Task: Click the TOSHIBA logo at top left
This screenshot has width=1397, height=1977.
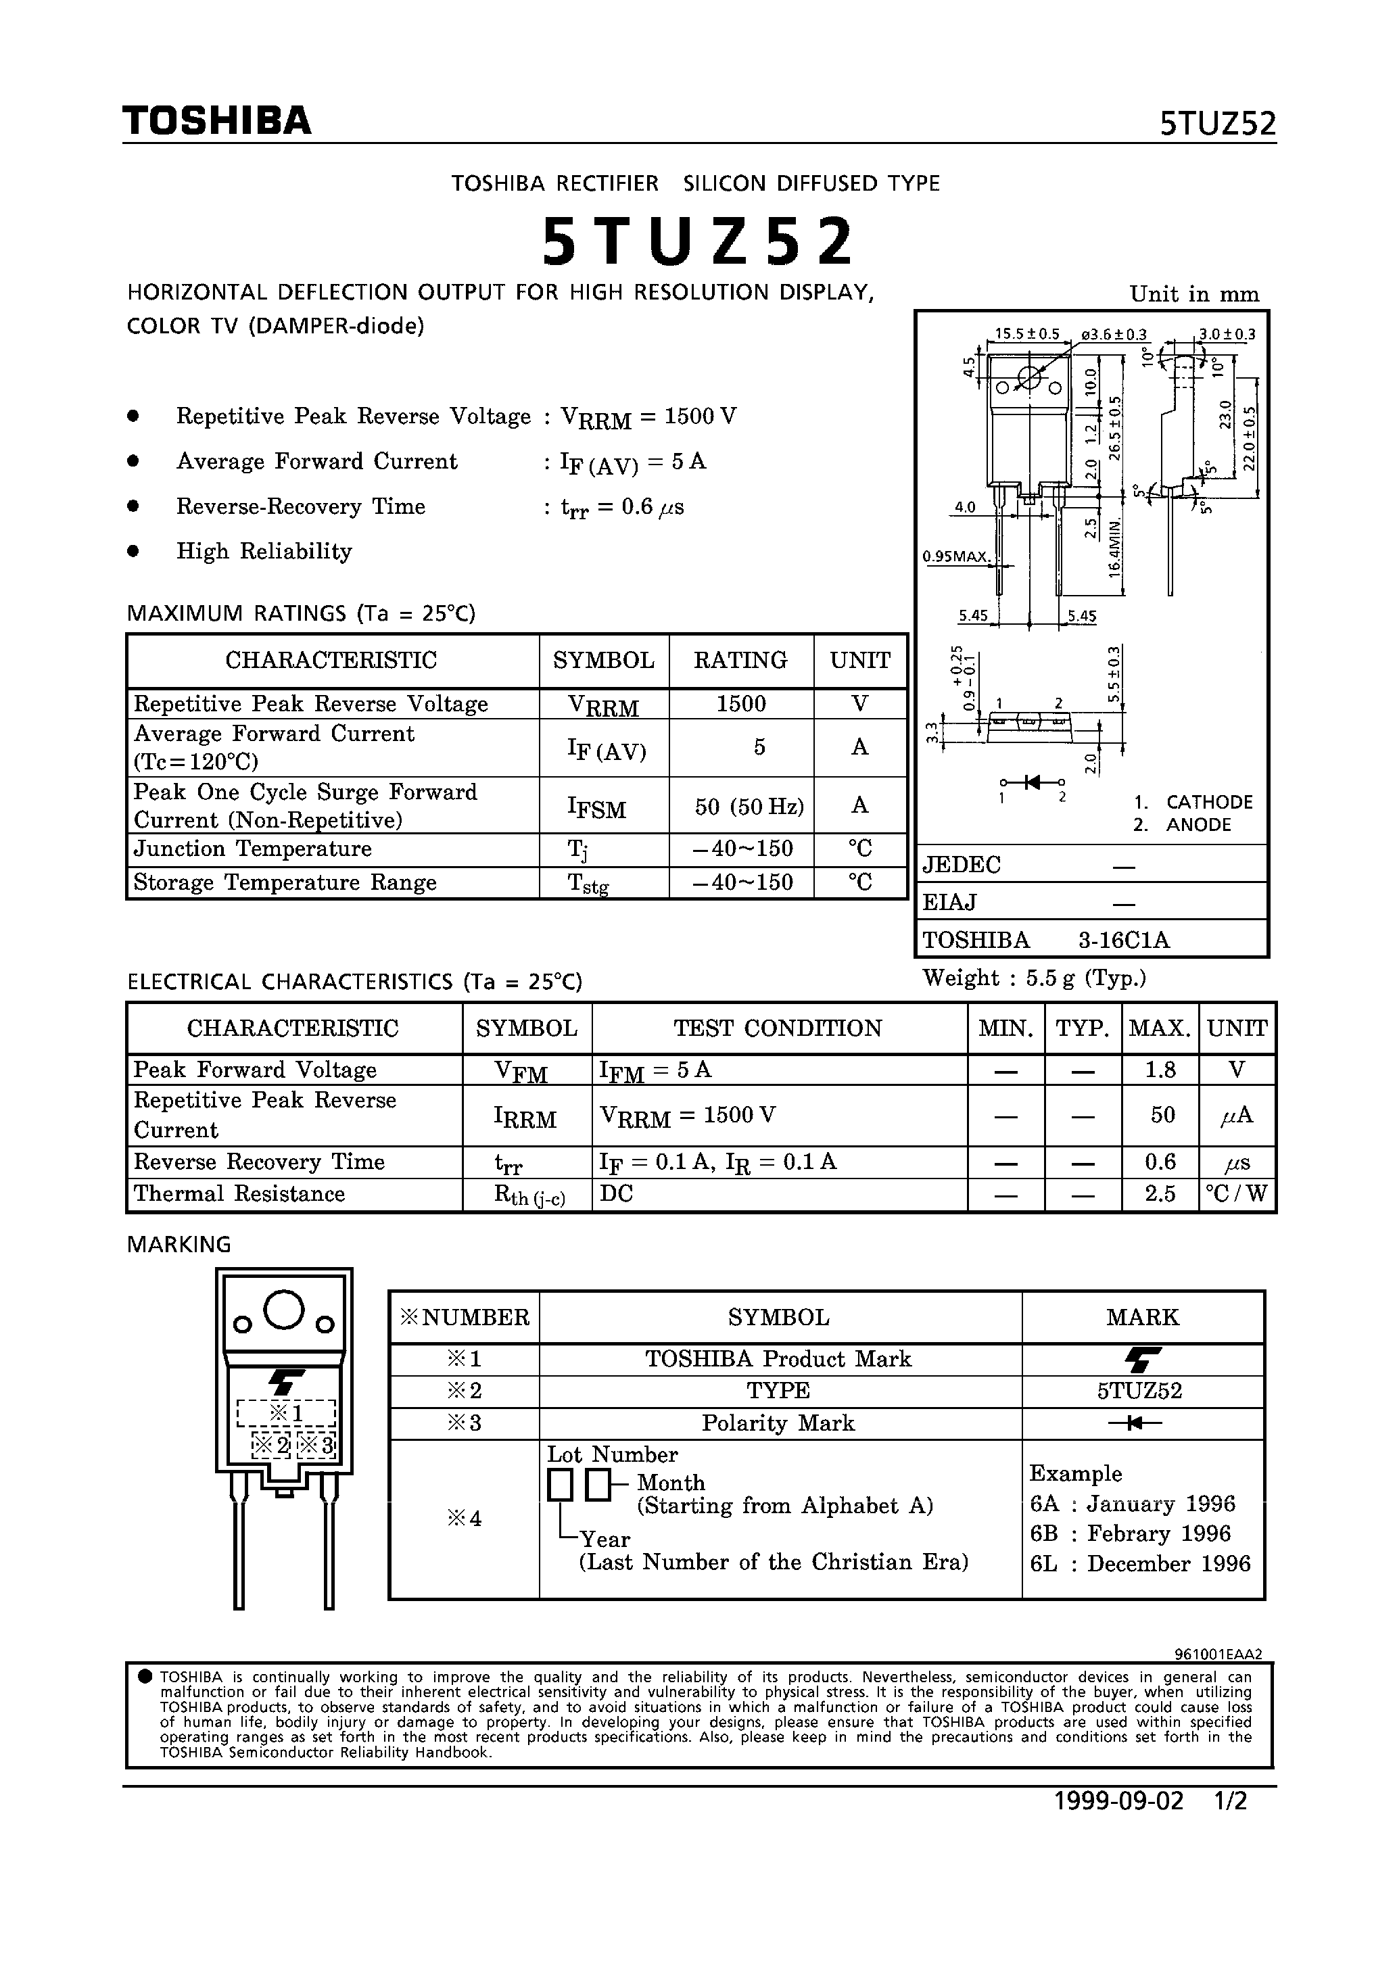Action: click(x=217, y=122)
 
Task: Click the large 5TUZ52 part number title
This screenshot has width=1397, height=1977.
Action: click(x=698, y=242)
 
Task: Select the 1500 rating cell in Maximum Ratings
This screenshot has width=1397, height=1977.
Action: click(x=740, y=705)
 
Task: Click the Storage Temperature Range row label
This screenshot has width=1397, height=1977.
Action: click(x=285, y=882)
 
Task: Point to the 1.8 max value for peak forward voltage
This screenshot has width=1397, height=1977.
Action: click(x=1160, y=1070)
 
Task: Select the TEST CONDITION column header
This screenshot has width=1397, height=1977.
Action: click(x=778, y=1028)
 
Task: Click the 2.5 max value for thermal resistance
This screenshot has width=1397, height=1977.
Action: click(x=1160, y=1194)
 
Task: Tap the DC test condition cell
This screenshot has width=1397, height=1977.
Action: click(x=617, y=1194)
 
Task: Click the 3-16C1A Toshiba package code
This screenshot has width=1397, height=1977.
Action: click(x=1124, y=940)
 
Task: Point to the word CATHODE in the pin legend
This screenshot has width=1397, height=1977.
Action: click(x=1209, y=802)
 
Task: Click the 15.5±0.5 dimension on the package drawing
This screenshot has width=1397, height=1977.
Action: click(x=1026, y=334)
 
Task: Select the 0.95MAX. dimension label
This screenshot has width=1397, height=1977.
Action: click(x=956, y=556)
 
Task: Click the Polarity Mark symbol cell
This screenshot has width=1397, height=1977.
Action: click(x=778, y=1423)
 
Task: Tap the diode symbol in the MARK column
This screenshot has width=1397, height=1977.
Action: click(x=1141, y=1423)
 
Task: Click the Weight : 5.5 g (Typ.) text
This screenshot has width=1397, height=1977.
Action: click(x=1033, y=978)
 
